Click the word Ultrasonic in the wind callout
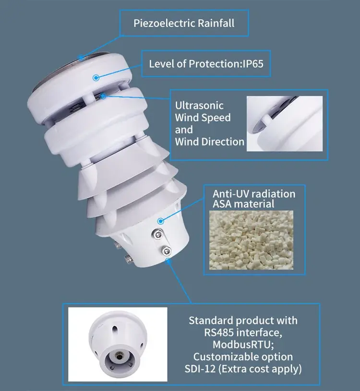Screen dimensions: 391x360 199,106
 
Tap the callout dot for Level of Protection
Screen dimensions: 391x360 96,76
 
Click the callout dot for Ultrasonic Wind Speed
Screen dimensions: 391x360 104,96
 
